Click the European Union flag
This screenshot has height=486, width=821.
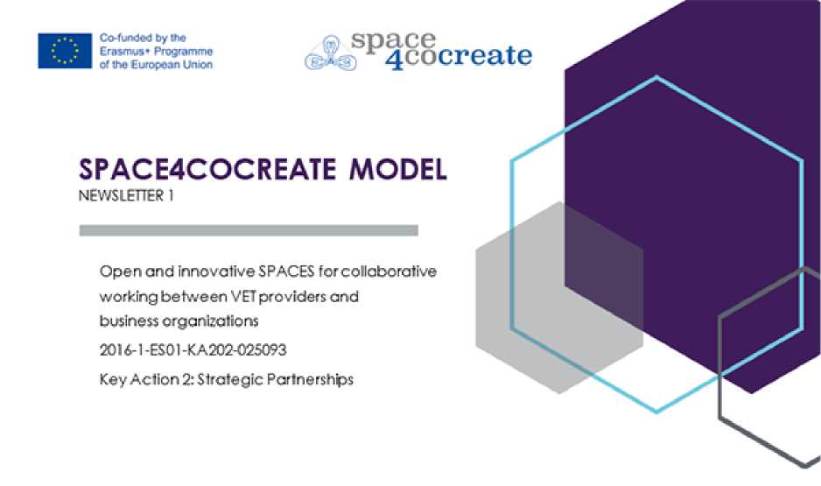point(65,51)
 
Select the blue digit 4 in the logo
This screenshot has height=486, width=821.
point(395,58)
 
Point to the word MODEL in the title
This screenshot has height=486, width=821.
point(398,169)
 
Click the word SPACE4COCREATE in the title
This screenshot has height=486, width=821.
point(207,169)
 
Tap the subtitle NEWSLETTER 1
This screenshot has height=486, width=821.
point(126,196)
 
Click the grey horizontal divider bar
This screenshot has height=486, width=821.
point(249,230)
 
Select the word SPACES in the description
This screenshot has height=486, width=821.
point(286,271)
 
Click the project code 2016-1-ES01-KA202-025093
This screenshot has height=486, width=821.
point(193,350)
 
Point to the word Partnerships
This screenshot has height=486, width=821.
point(310,379)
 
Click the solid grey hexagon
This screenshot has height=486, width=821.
point(559,298)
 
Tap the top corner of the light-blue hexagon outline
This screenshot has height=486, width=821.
point(656,78)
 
